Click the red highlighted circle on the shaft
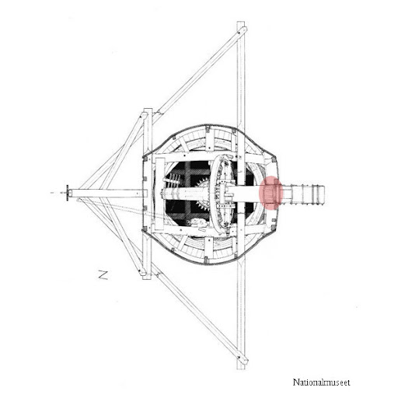(x=271, y=193)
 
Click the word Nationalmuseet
(x=321, y=382)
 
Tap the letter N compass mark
(x=103, y=274)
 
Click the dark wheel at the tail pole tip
(x=68, y=193)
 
